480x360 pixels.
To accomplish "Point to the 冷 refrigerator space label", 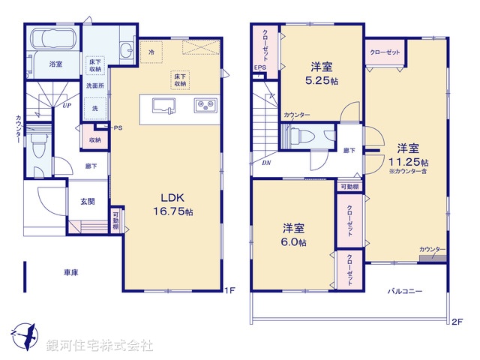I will [x=151, y=52].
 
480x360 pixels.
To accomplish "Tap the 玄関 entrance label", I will [x=88, y=200].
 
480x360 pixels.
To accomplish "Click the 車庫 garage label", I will [x=72, y=273].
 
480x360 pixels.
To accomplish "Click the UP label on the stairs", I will [x=67, y=106].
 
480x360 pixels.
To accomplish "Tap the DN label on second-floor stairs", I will [x=266, y=163].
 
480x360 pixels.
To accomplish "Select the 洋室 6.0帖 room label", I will [x=293, y=235].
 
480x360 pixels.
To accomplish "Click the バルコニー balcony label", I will [x=405, y=290].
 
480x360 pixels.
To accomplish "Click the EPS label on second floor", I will [x=259, y=68].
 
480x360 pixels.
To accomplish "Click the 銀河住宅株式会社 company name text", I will [x=100, y=346].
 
